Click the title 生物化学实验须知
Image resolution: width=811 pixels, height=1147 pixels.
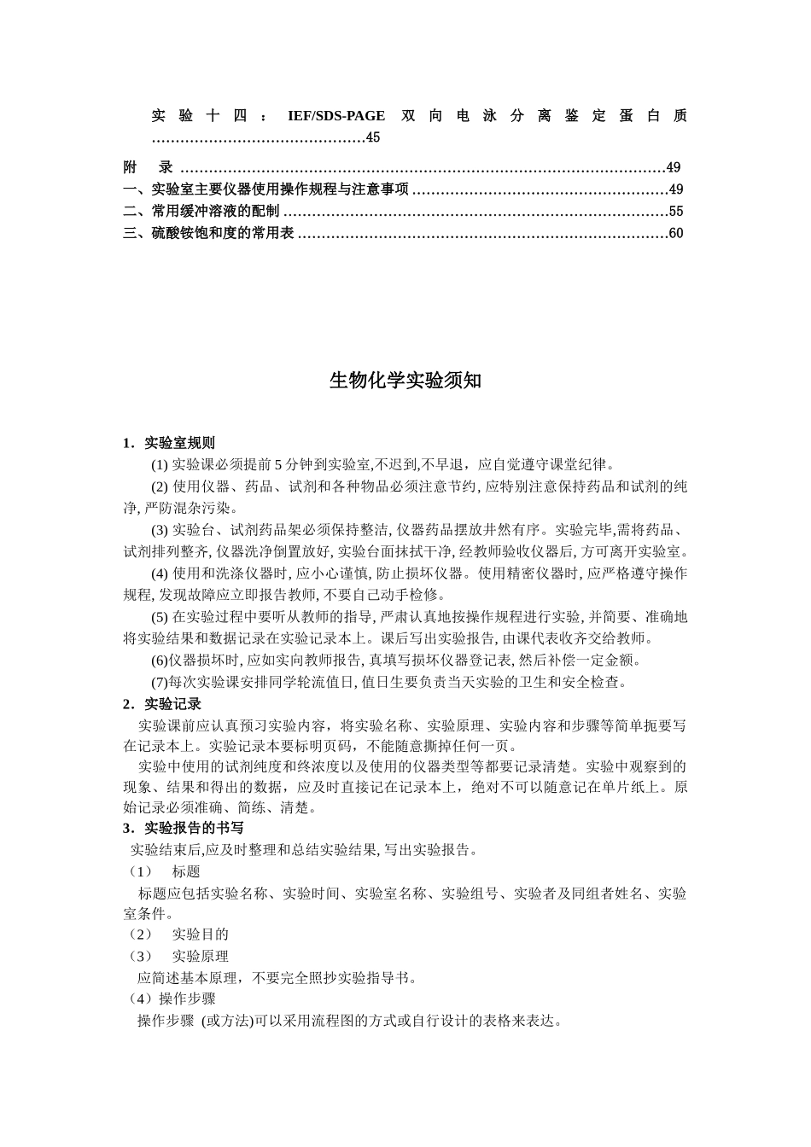tap(405, 381)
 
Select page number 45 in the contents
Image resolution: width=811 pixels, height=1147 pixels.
tap(373, 137)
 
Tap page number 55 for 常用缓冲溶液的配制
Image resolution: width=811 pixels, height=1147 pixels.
tap(676, 212)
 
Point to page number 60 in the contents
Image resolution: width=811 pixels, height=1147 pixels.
tap(676, 234)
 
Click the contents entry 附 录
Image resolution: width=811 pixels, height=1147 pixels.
tap(149, 167)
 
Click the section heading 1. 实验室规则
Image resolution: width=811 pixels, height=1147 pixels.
tap(169, 443)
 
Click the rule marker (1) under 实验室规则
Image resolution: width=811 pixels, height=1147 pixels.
tap(160, 465)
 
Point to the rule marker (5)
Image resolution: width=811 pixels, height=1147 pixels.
tap(160, 617)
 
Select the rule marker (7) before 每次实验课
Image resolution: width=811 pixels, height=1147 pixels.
tap(160, 682)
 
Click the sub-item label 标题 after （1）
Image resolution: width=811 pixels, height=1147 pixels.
tap(186, 871)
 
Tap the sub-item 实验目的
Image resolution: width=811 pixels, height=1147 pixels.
tap(200, 934)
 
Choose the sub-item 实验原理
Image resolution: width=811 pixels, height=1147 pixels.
tap(200, 957)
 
